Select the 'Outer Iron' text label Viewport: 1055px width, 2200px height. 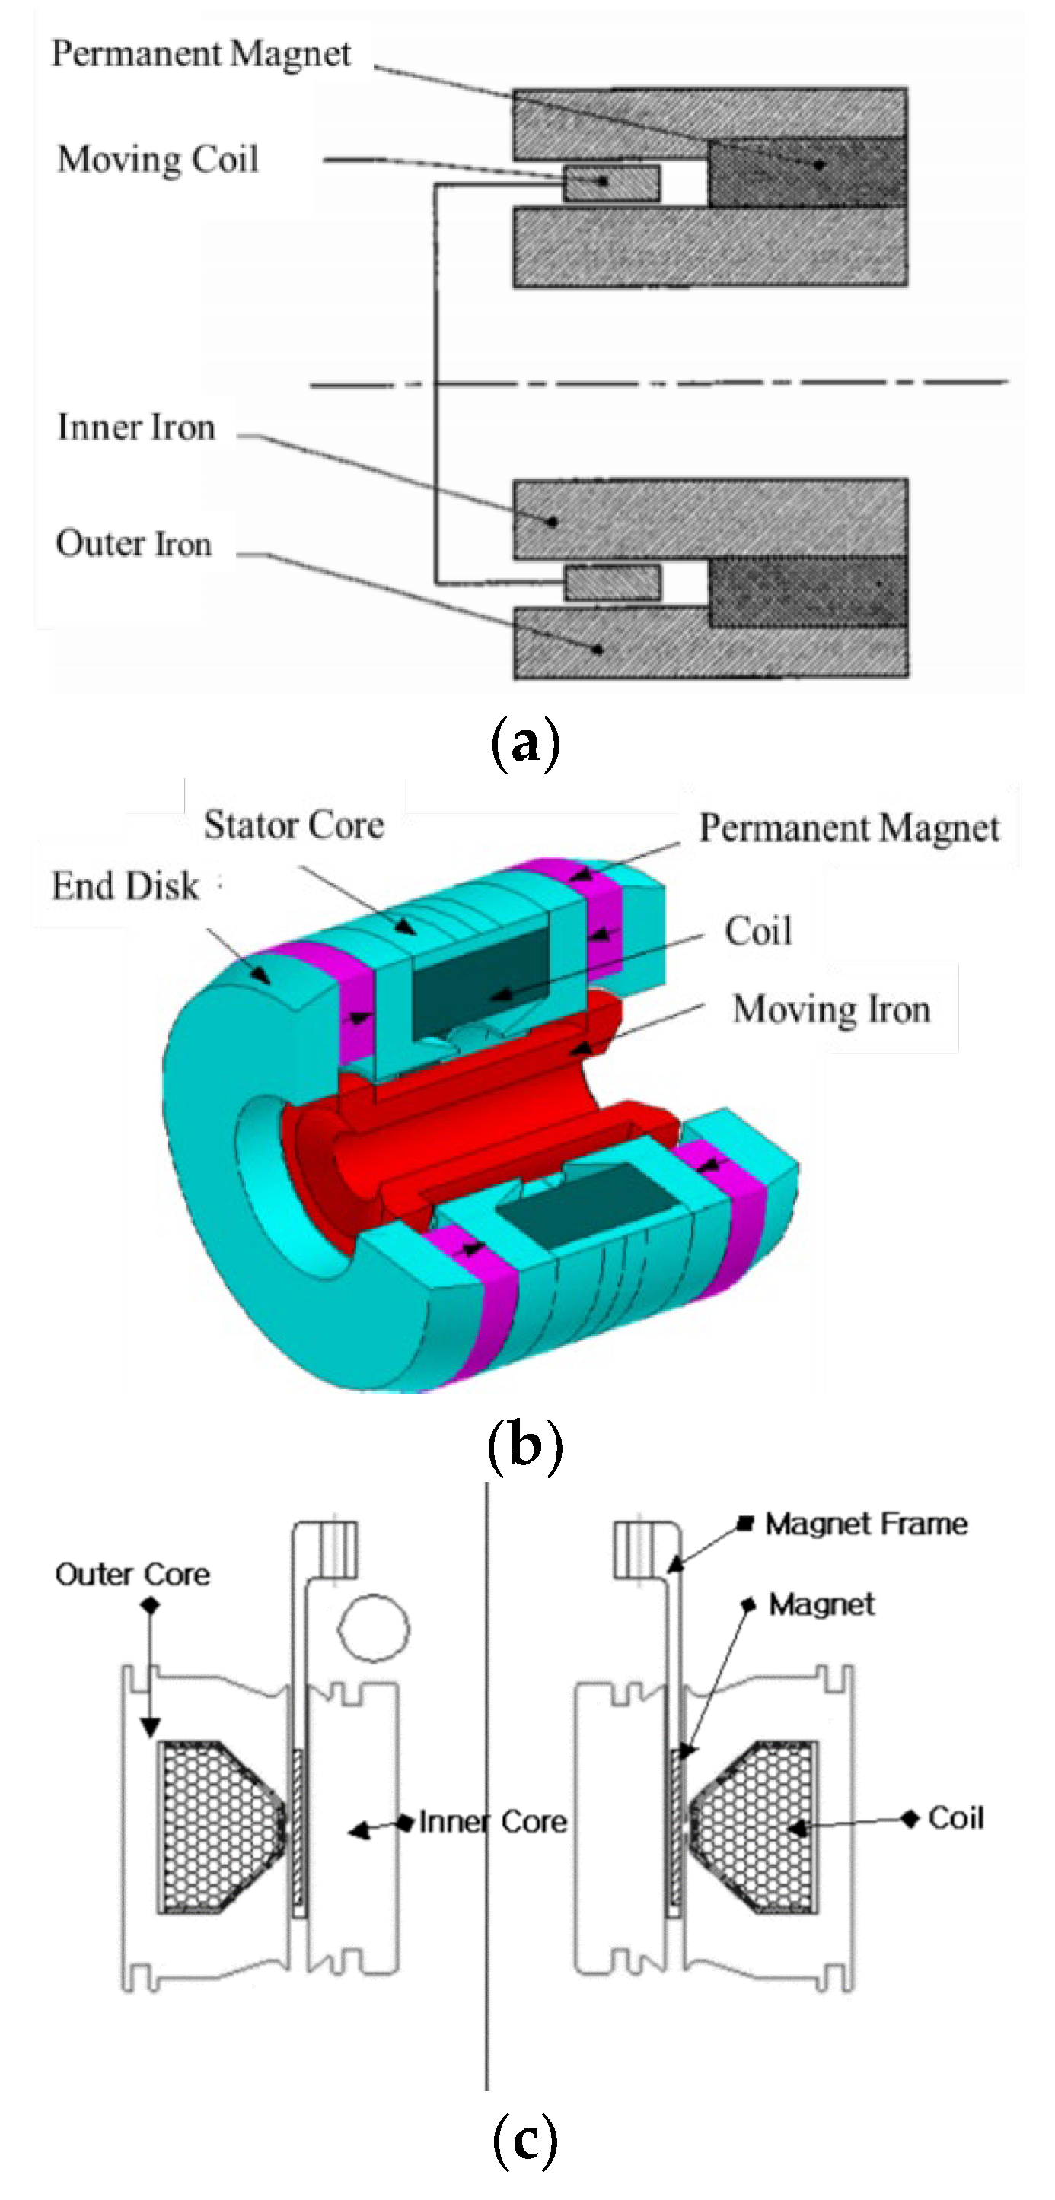tap(134, 543)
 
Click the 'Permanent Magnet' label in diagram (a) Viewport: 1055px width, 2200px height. tap(201, 54)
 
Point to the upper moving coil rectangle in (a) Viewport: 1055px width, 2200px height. tap(610, 183)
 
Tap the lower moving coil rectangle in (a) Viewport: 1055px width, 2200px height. tap(612, 583)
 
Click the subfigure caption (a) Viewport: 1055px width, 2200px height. tap(525, 741)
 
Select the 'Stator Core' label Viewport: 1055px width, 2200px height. tap(294, 825)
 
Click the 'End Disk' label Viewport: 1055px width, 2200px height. tap(125, 885)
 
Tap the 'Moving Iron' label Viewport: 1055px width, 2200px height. tap(831, 1009)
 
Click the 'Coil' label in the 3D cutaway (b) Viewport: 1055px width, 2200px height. tap(757, 930)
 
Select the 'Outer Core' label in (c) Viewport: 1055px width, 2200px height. tap(132, 1574)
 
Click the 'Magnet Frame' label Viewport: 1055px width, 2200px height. tap(865, 1524)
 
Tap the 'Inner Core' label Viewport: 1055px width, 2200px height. tap(492, 1821)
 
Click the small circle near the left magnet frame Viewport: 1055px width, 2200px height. tap(373, 1628)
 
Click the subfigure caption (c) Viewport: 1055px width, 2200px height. tap(524, 2138)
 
